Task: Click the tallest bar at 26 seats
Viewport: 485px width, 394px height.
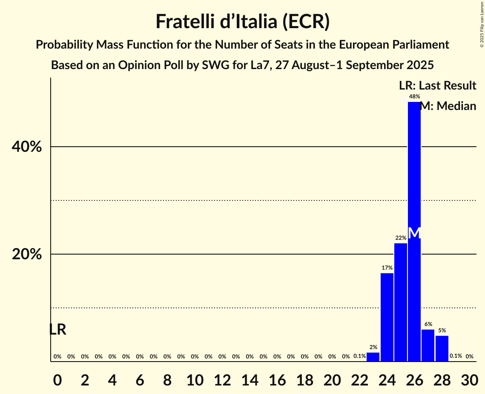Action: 414,171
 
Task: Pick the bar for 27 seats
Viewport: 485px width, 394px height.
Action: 428,345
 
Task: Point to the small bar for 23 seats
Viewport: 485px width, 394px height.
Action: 373,357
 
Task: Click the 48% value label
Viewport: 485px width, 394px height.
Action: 414,97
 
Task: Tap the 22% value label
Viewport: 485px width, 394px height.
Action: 400,238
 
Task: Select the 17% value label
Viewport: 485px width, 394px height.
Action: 387,268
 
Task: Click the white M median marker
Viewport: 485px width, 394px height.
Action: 414,233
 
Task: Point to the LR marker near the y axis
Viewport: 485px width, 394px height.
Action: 57,330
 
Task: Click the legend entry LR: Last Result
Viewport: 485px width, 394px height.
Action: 437,86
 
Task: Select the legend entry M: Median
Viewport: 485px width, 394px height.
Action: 448,106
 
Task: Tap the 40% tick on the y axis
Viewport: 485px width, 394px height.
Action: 27,147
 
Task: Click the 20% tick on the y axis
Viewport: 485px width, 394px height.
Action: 27,255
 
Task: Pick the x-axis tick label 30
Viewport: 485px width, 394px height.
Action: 469,379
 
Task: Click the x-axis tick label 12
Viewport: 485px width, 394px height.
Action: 222,379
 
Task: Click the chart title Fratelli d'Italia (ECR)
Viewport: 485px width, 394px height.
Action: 242,22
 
